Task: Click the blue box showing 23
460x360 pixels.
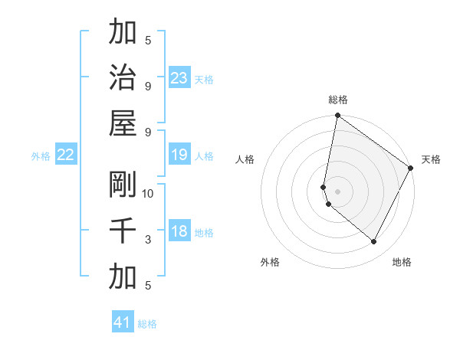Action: coord(179,77)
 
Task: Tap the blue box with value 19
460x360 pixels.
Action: coord(179,155)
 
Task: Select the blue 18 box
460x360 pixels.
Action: coord(179,231)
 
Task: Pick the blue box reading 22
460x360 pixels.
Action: coord(66,155)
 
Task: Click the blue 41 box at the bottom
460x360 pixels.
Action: coord(123,322)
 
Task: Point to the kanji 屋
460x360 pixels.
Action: coord(123,123)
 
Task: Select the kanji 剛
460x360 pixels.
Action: coord(123,184)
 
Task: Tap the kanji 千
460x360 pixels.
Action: coord(123,231)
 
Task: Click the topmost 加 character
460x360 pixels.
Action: coord(123,31)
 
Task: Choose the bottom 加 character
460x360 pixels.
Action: coord(123,277)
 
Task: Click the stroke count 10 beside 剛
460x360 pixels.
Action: coord(148,193)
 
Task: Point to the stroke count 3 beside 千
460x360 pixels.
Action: coord(148,240)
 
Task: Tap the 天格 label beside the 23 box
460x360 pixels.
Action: coord(204,80)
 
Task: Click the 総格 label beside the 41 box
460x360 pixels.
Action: coord(147,324)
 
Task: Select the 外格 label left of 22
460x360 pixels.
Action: coord(41,156)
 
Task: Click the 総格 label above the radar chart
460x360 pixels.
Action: coord(337,100)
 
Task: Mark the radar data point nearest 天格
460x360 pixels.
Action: coord(411,169)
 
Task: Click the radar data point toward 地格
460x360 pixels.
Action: coord(374,242)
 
